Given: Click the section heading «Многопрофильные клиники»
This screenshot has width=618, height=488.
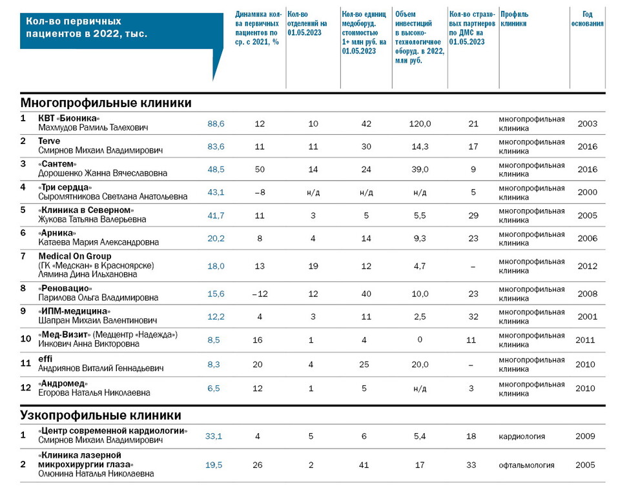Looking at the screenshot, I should coord(106,103).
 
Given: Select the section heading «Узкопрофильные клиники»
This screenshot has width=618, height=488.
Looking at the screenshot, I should coord(101,415).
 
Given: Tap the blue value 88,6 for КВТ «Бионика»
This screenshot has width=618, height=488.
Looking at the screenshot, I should coord(216,123).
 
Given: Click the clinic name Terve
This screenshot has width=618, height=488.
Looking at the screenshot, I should coord(49,141).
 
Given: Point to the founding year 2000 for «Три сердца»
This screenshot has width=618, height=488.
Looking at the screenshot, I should coord(586,192).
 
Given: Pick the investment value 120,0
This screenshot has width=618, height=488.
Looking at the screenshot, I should coord(420,123).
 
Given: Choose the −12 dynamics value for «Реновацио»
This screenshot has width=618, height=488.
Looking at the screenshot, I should coord(260,294).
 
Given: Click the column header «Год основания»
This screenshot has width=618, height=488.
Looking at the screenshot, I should coord(587,19).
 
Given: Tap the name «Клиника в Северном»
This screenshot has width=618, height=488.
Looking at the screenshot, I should coord(86,210).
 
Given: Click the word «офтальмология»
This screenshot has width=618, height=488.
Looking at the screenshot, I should coord(526,465).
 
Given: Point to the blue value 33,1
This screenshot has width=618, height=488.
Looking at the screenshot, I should coord(214,436).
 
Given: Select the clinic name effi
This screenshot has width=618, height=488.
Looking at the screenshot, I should coord(45,359).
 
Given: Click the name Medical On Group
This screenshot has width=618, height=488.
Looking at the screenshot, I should coord(75,256).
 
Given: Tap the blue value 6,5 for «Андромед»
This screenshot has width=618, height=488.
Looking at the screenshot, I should coord(214,388).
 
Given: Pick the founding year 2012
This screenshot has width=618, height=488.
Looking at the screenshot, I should coord(586,265).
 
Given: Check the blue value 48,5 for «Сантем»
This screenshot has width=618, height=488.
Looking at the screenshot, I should coord(216,169).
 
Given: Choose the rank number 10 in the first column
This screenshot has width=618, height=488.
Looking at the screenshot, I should coord(26,339).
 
